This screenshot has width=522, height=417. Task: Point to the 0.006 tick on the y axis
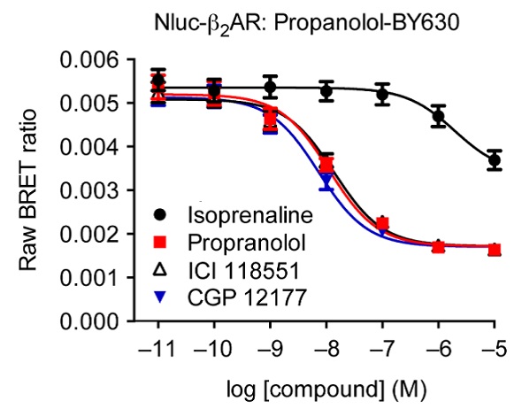tap(88, 61)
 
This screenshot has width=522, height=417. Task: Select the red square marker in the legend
tap(159, 242)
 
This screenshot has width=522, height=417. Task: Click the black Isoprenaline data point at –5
tap(494, 160)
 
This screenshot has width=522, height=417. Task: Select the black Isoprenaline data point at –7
tap(382, 94)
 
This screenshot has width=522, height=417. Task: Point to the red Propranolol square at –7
tap(382, 224)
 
